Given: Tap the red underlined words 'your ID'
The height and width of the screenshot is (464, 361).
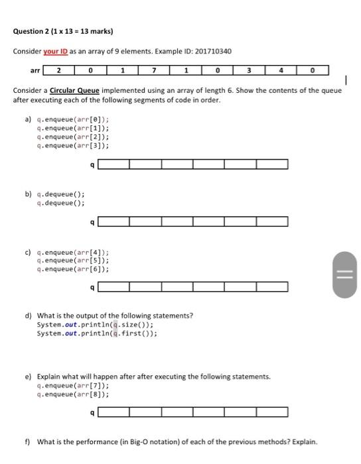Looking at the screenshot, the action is coord(59,52).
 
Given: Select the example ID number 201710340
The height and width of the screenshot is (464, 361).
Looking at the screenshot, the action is coord(210,52).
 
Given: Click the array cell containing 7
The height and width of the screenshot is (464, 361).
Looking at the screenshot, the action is coord(153,70).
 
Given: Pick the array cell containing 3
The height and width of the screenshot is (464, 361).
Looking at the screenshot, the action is coord(249,70).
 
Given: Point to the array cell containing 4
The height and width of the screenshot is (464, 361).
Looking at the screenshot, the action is coord(281,70).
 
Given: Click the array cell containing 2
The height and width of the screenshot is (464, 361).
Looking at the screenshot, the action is coord(58,70).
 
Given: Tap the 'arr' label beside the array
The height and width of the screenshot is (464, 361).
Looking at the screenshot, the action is coord(34,70).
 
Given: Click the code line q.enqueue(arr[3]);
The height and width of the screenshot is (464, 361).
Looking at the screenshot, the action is coord(74,145).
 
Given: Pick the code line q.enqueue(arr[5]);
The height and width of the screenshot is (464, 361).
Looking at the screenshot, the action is coord(74,261).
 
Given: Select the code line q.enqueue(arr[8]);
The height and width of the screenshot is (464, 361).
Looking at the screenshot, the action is coord(74,394).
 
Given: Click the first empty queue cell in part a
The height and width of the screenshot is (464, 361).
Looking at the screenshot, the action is coord(114,164).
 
